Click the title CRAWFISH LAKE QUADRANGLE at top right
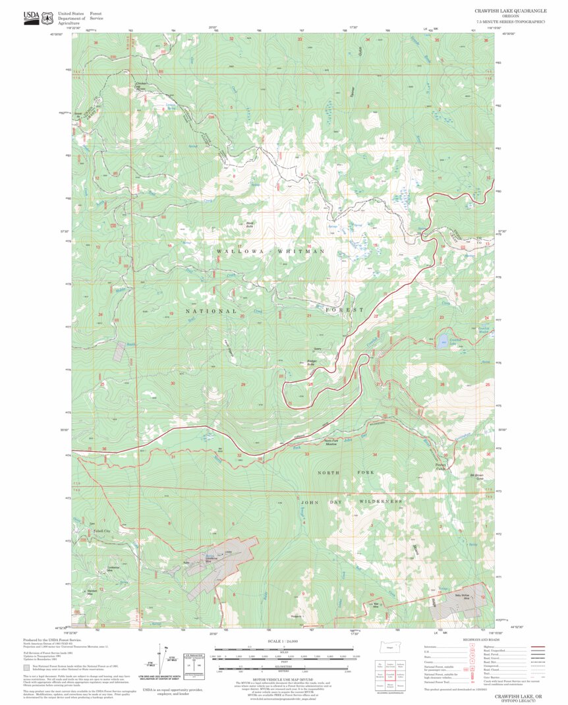509,11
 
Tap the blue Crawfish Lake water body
443,341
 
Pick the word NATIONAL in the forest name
210,310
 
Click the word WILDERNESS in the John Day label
380,501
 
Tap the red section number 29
243,384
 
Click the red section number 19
171,314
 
